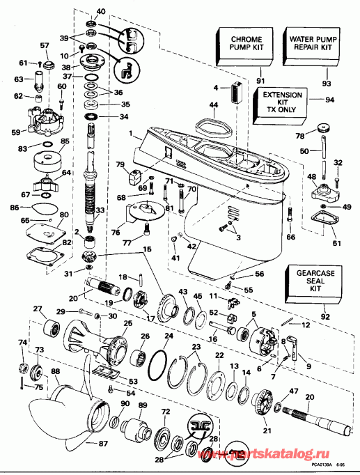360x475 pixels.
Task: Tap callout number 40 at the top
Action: (101, 12)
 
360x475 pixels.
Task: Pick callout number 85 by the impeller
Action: (66, 141)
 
